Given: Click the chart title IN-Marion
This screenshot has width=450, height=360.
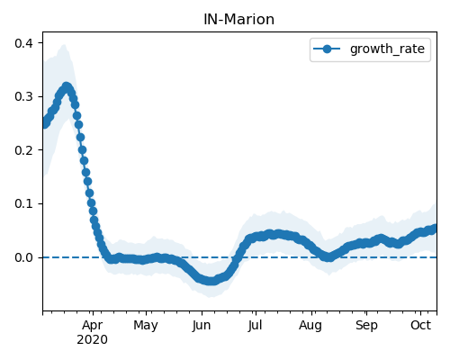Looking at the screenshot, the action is point(238,20).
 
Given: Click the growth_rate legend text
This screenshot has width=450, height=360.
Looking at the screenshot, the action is point(387,49).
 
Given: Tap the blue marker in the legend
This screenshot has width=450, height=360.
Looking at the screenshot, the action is point(327,49).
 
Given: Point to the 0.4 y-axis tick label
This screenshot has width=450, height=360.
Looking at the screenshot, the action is point(23,43).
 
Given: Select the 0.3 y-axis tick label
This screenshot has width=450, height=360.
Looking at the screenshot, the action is point(23,96).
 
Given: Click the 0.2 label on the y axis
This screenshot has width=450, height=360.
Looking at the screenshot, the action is point(23,150).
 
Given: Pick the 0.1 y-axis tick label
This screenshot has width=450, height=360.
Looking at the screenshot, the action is point(23,203).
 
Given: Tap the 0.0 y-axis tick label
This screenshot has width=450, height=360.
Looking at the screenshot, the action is point(23,257).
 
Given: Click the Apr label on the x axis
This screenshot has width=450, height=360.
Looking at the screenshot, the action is point(93,326).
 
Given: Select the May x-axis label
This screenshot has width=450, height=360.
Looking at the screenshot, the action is point(146,326).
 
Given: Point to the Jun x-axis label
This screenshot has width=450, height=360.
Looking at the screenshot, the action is point(202,326).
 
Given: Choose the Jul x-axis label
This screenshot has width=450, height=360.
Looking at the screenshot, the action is point(255,326).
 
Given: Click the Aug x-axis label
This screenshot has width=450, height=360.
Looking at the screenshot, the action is point(310,326).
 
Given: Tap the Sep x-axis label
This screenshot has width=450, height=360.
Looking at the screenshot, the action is point(366,326).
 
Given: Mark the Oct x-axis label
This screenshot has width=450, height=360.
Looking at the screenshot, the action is point(421,325).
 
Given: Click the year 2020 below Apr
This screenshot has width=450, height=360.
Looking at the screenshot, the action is point(92,340).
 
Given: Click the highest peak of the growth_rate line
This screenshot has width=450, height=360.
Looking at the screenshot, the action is point(67,87).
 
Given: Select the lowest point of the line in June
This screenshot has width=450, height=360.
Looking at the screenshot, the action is point(211,281).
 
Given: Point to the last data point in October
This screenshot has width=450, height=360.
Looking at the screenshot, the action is point(434,229).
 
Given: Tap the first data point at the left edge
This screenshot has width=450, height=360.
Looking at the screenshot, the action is point(45,123).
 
